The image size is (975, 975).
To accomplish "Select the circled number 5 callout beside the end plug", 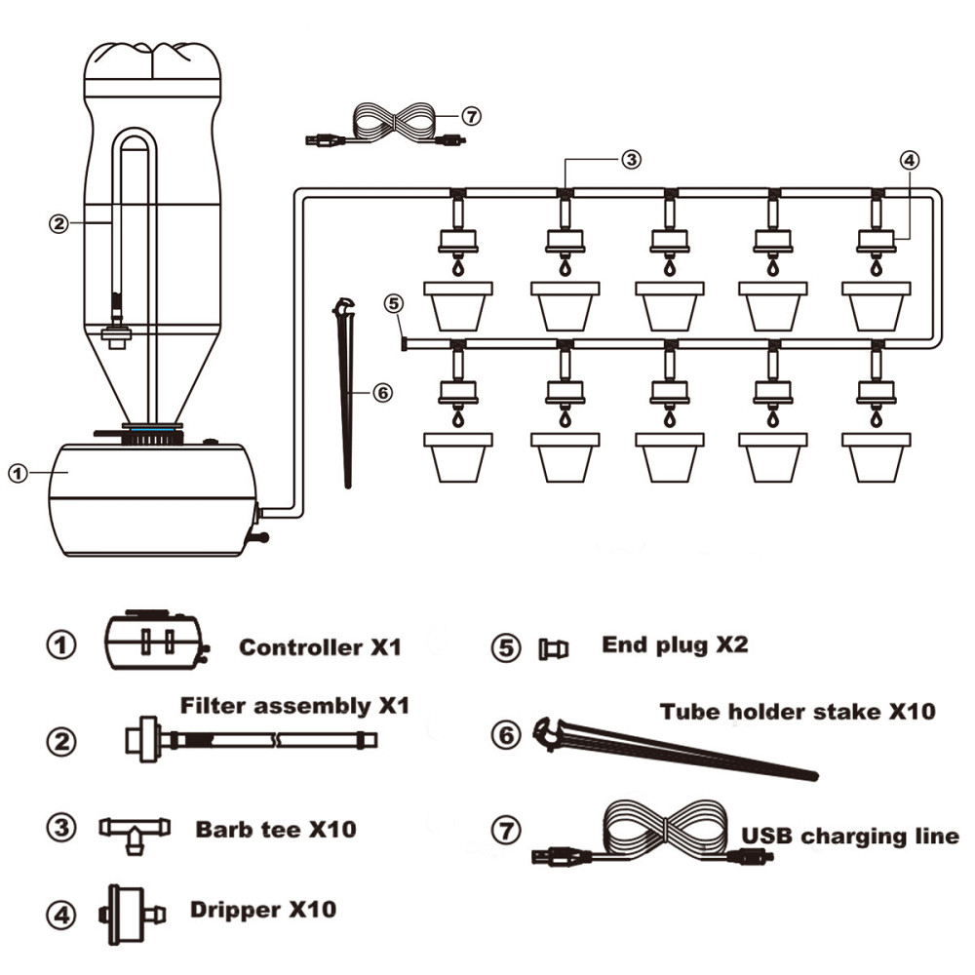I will coord(394,303).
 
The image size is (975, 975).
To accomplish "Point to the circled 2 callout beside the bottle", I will coord(58,222).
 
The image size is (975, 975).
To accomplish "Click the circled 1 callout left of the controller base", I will coord(17,473).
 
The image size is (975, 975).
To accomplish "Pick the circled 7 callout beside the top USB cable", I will coord(471,117).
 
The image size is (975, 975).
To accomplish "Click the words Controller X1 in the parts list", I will coord(320,646).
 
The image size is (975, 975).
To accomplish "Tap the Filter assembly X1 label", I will coord(294,705).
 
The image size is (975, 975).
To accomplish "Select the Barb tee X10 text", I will coord(276,830).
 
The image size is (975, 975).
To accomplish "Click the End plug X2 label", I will coord(675,644).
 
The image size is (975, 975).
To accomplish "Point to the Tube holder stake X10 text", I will coord(798,711).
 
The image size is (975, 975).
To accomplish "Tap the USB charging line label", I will coord(850,836).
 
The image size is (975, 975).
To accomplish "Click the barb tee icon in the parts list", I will coord(135,832).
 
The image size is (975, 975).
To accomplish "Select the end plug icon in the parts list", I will coord(553,648).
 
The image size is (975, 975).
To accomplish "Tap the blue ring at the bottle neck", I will coord(152,427).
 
